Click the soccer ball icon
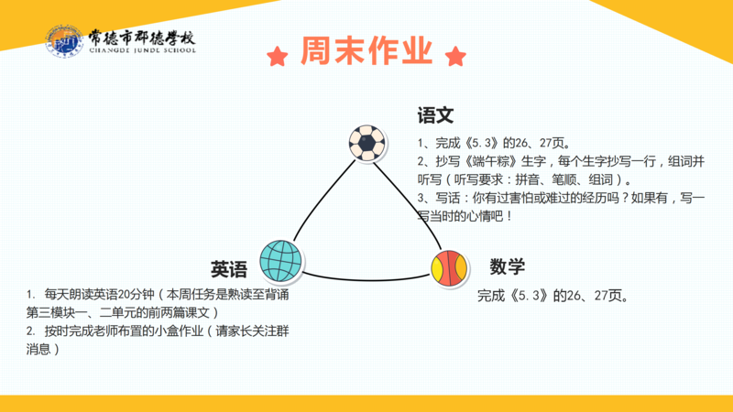[367, 143]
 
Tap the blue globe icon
[280, 261]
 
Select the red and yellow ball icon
[449, 268]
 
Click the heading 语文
[435, 115]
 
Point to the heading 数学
[508, 266]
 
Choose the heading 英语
[228, 269]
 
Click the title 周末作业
[366, 50]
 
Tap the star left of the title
[278, 57]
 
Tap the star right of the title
[455, 57]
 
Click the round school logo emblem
[64, 41]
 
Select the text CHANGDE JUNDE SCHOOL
[143, 50]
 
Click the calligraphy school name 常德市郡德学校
[142, 37]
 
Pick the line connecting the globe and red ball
[366, 280]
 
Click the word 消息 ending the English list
[38, 350]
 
